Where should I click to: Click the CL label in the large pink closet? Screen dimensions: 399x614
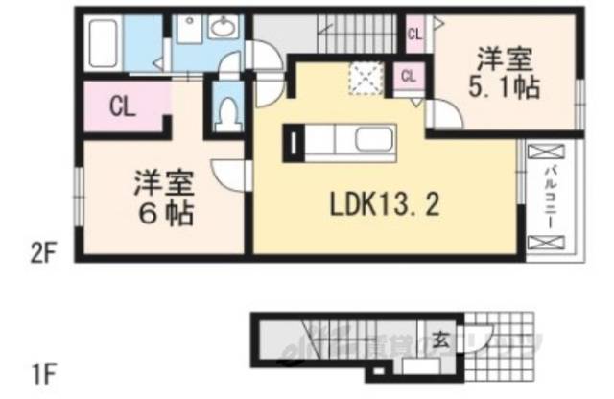(121, 105)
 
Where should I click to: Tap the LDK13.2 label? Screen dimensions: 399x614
(372, 202)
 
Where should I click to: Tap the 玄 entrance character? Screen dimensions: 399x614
(438, 338)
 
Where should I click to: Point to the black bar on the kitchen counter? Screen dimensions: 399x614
(292, 144)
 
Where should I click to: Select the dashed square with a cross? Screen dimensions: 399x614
(365, 76)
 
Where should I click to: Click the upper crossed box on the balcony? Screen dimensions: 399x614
(544, 152)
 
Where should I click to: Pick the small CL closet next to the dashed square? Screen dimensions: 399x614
(408, 76)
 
